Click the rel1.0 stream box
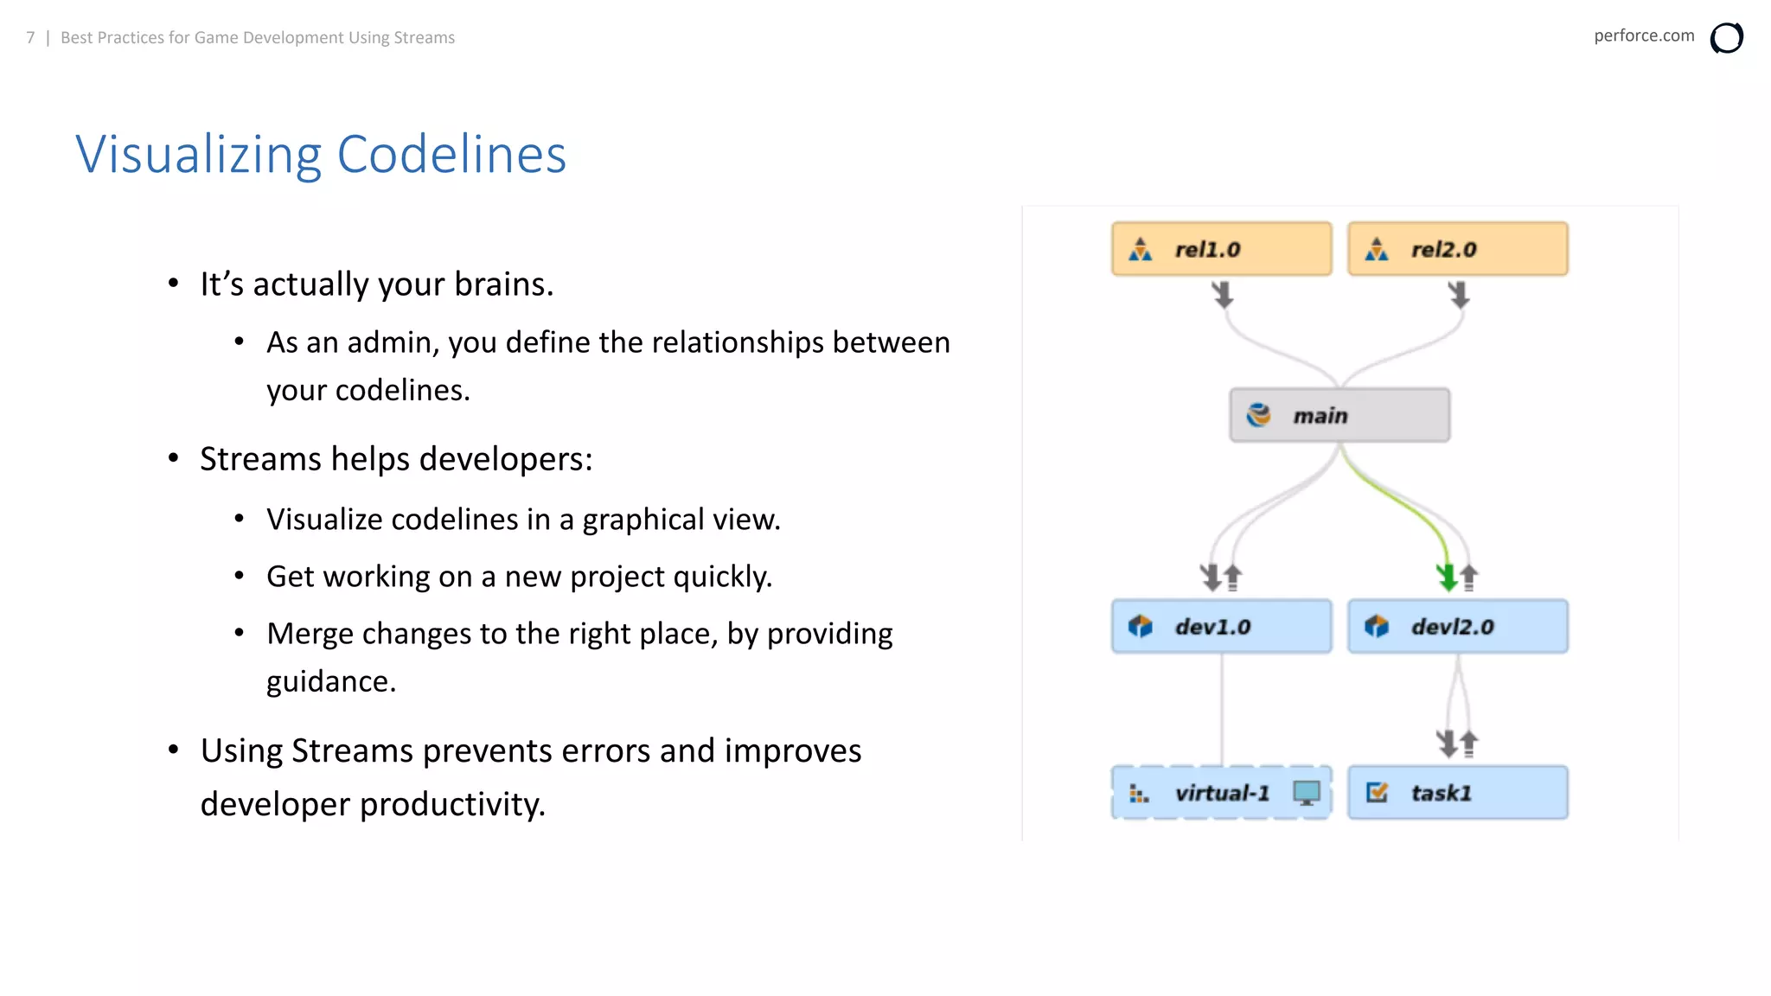(1221, 249)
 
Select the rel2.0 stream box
(1457, 249)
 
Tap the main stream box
(1339, 416)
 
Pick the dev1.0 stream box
(1221, 626)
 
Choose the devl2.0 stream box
(1457, 626)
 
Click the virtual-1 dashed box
(1221, 793)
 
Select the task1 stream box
(1457, 793)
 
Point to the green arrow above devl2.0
(1446, 576)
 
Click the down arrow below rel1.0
(1223, 295)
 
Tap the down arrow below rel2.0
(1459, 295)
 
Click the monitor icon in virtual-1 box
(1307, 792)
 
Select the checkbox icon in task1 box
(1377, 792)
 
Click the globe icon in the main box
(1258, 415)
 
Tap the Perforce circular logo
(1726, 38)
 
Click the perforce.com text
(1643, 35)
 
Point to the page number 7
(30, 38)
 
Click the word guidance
(330, 681)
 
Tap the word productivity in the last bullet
(452, 804)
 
